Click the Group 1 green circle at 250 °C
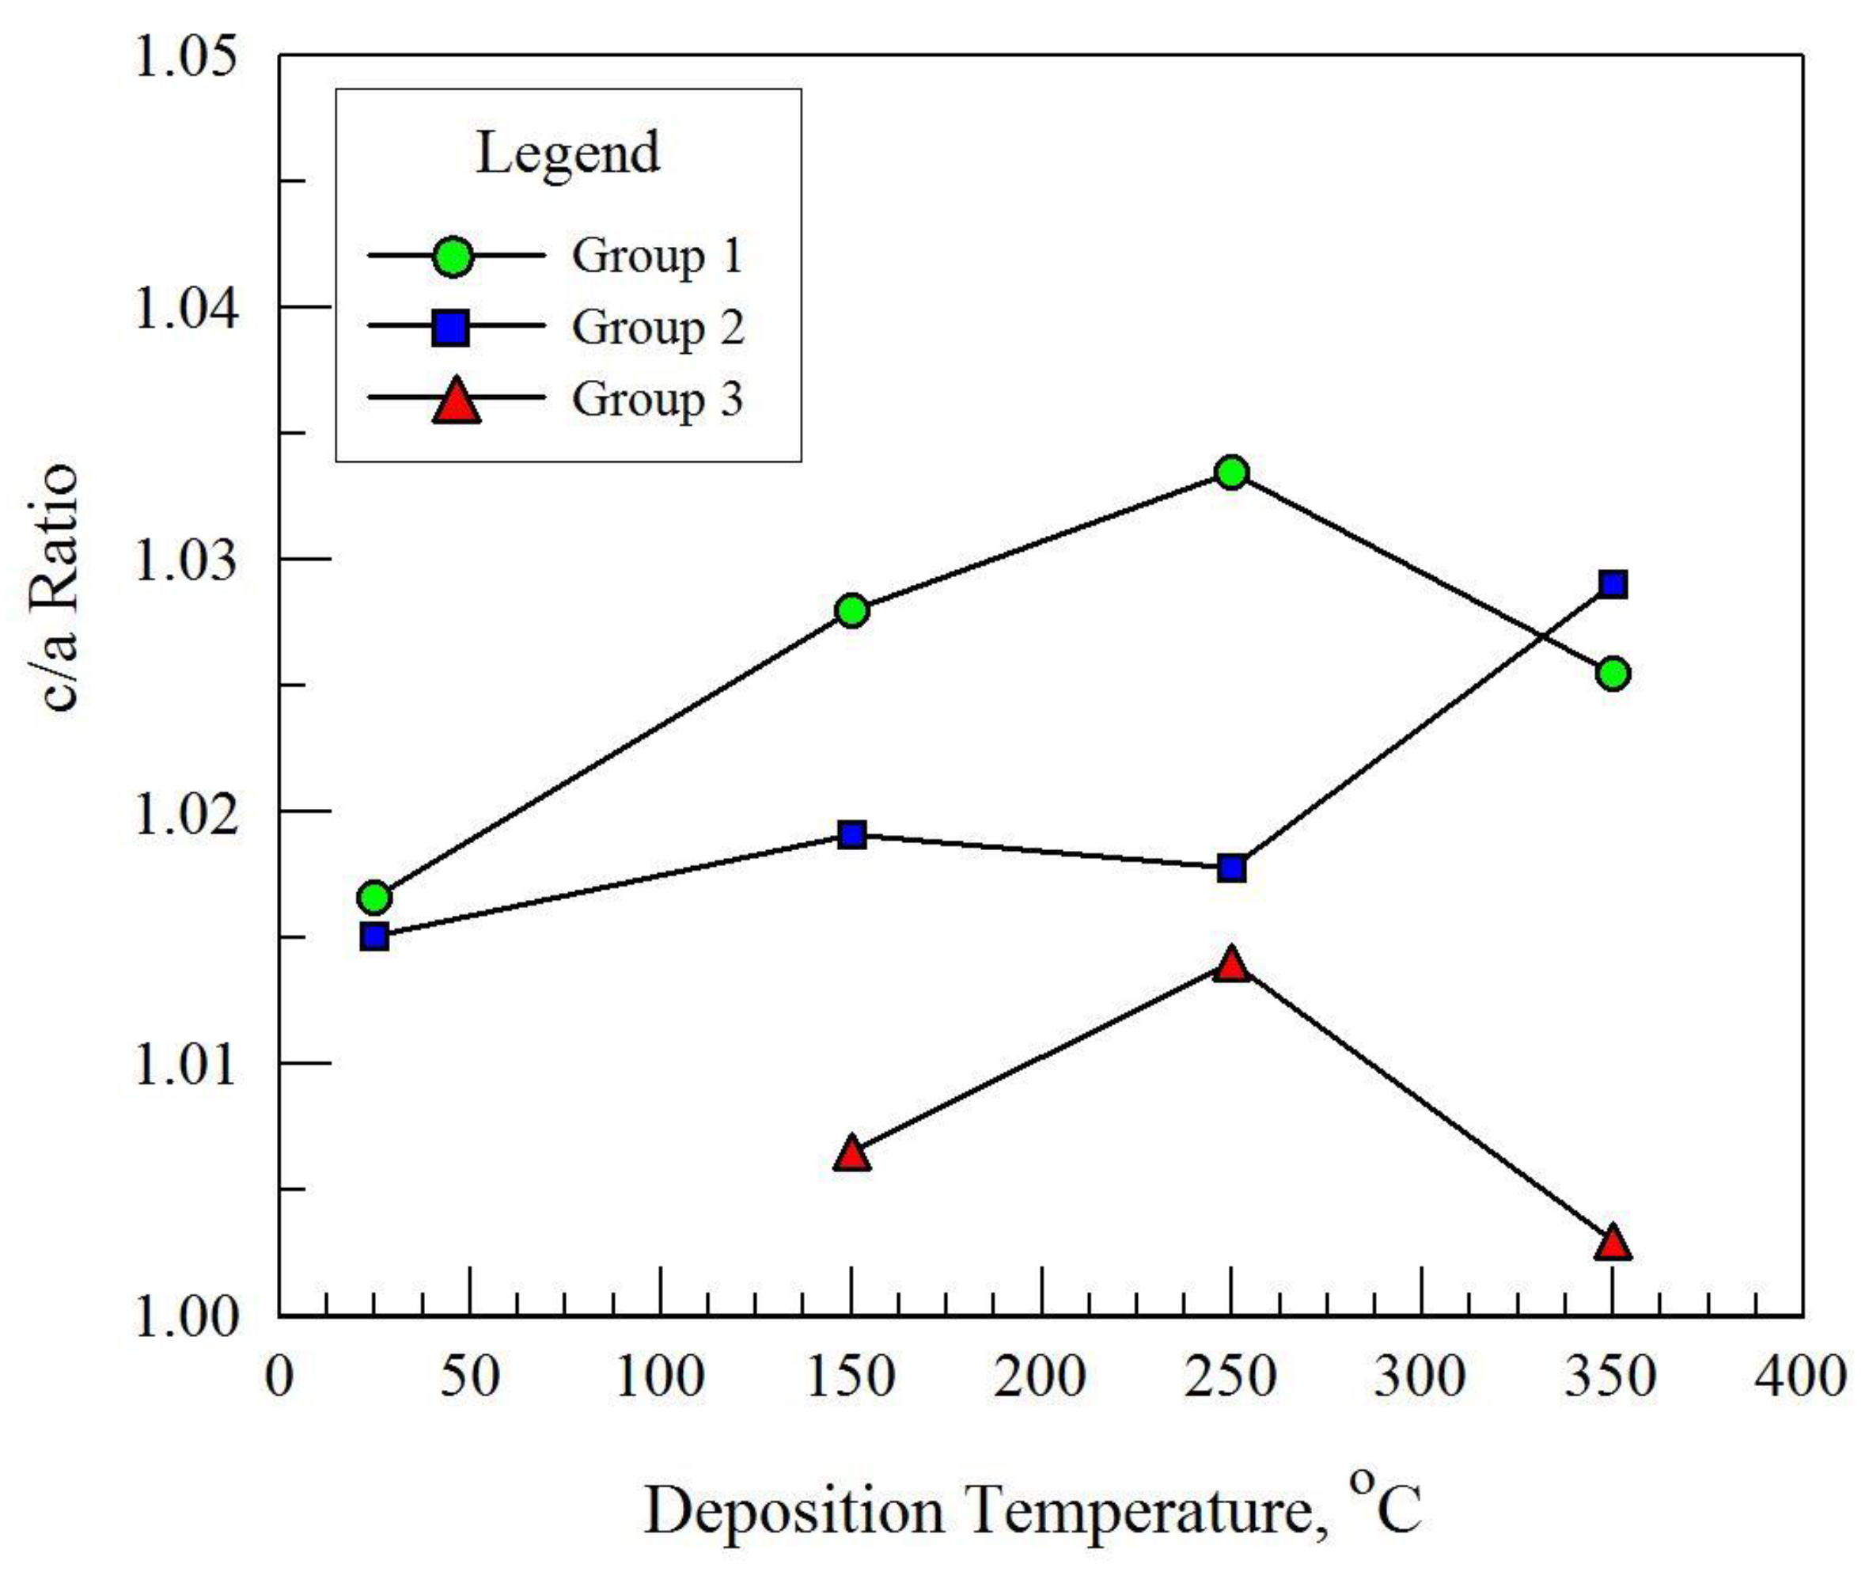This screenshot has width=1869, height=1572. coord(1231,473)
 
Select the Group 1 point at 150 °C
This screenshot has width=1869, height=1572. coord(851,610)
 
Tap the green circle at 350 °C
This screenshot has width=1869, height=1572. coord(1613,673)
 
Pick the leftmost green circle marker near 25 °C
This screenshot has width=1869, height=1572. coord(374,898)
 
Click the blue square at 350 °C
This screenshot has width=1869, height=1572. coord(1613,585)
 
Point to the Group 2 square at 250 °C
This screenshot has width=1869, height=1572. coord(1231,867)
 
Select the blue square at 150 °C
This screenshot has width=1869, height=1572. coord(851,835)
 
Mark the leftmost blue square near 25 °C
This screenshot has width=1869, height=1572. coord(374,936)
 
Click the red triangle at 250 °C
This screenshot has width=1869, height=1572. coord(1231,965)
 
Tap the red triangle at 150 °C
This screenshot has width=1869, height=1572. coord(851,1154)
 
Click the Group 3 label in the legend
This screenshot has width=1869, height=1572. coord(657,398)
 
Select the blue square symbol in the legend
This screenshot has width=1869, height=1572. coord(451,327)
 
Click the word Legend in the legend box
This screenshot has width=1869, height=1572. coord(567,154)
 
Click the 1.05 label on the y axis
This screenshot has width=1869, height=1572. coord(185,57)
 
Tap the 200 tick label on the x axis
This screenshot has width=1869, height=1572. coord(1040,1376)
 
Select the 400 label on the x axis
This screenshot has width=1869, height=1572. coord(1799,1376)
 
